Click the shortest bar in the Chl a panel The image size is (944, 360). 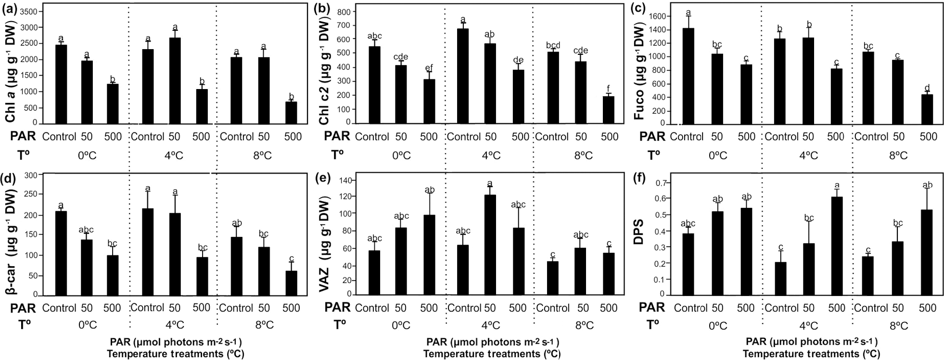point(291,113)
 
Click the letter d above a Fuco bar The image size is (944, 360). point(927,88)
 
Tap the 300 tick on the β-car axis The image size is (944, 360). point(30,175)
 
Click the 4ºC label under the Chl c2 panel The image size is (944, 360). point(490,155)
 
